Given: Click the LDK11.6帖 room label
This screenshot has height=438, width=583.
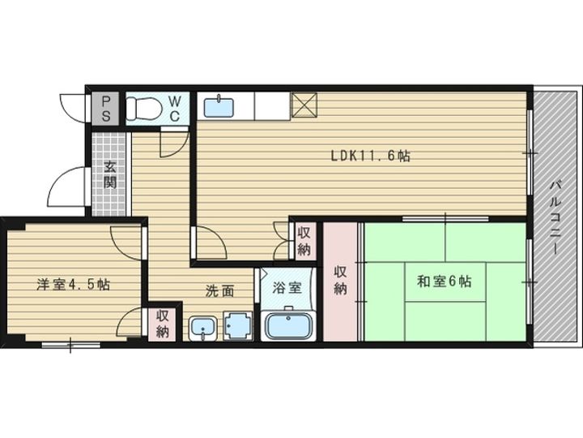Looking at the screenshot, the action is (371, 155).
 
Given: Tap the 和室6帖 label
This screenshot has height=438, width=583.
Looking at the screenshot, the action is (445, 281).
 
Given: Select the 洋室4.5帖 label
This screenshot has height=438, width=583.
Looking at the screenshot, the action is (73, 285).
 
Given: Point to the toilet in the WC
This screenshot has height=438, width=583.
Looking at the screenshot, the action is (143, 108).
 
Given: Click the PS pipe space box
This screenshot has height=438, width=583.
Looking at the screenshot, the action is (105, 109).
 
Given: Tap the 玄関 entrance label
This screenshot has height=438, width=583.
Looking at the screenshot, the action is (110, 174).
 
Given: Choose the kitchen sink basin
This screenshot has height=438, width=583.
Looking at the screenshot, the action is (219, 107).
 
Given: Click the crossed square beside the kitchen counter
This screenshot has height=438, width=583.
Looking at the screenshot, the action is (304, 105).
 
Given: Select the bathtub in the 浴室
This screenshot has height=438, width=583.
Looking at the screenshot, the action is (288, 325).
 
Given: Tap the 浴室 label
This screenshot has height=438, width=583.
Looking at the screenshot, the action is (287, 287).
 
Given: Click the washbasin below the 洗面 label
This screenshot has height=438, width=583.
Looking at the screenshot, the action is (202, 328).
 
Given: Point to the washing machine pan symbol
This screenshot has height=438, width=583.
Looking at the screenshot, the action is (238, 326).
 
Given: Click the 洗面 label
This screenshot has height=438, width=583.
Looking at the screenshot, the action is (220, 291).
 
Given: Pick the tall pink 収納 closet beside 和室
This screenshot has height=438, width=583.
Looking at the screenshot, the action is (340, 281).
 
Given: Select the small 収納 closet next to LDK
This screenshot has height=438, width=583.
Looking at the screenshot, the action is (304, 241).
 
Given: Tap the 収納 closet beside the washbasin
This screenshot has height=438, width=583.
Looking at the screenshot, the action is (162, 324).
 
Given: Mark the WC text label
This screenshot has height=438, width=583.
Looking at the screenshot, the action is (175, 109).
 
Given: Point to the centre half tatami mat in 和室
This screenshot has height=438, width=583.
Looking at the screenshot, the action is (445, 281).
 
